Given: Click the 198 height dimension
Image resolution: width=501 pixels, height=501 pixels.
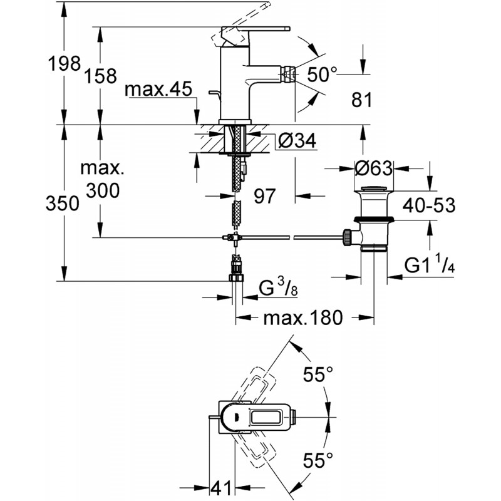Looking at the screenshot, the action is pyautogui.click(x=65, y=64).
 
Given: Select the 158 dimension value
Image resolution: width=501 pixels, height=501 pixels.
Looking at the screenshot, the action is pyautogui.click(x=101, y=76).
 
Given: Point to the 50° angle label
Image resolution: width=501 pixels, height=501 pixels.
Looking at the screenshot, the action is pyautogui.click(x=323, y=75).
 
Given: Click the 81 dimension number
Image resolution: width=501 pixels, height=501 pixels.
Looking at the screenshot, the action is pyautogui.click(x=362, y=100).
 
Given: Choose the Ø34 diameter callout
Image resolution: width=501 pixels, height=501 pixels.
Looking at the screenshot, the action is pyautogui.click(x=297, y=140).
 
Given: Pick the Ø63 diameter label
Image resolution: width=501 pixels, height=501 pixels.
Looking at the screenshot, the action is pyautogui.click(x=373, y=168).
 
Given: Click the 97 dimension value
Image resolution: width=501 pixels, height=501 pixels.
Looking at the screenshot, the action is pyautogui.click(x=264, y=196).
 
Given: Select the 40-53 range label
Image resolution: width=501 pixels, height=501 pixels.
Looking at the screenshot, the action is pyautogui.click(x=429, y=205).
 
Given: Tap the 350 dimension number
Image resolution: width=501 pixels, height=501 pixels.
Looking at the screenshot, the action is pyautogui.click(x=62, y=204).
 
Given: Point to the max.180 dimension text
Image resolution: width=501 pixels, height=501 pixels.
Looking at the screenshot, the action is pyautogui.click(x=303, y=318).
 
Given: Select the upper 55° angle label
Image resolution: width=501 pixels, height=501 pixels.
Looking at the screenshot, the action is pyautogui.click(x=318, y=374).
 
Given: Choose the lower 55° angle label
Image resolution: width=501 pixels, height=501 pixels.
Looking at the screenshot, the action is pyautogui.click(x=318, y=461).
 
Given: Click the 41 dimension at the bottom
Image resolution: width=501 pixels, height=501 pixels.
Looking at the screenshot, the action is pyautogui.click(x=221, y=488).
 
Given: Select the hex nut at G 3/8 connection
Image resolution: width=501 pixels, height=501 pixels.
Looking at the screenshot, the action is pyautogui.click(x=237, y=277).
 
